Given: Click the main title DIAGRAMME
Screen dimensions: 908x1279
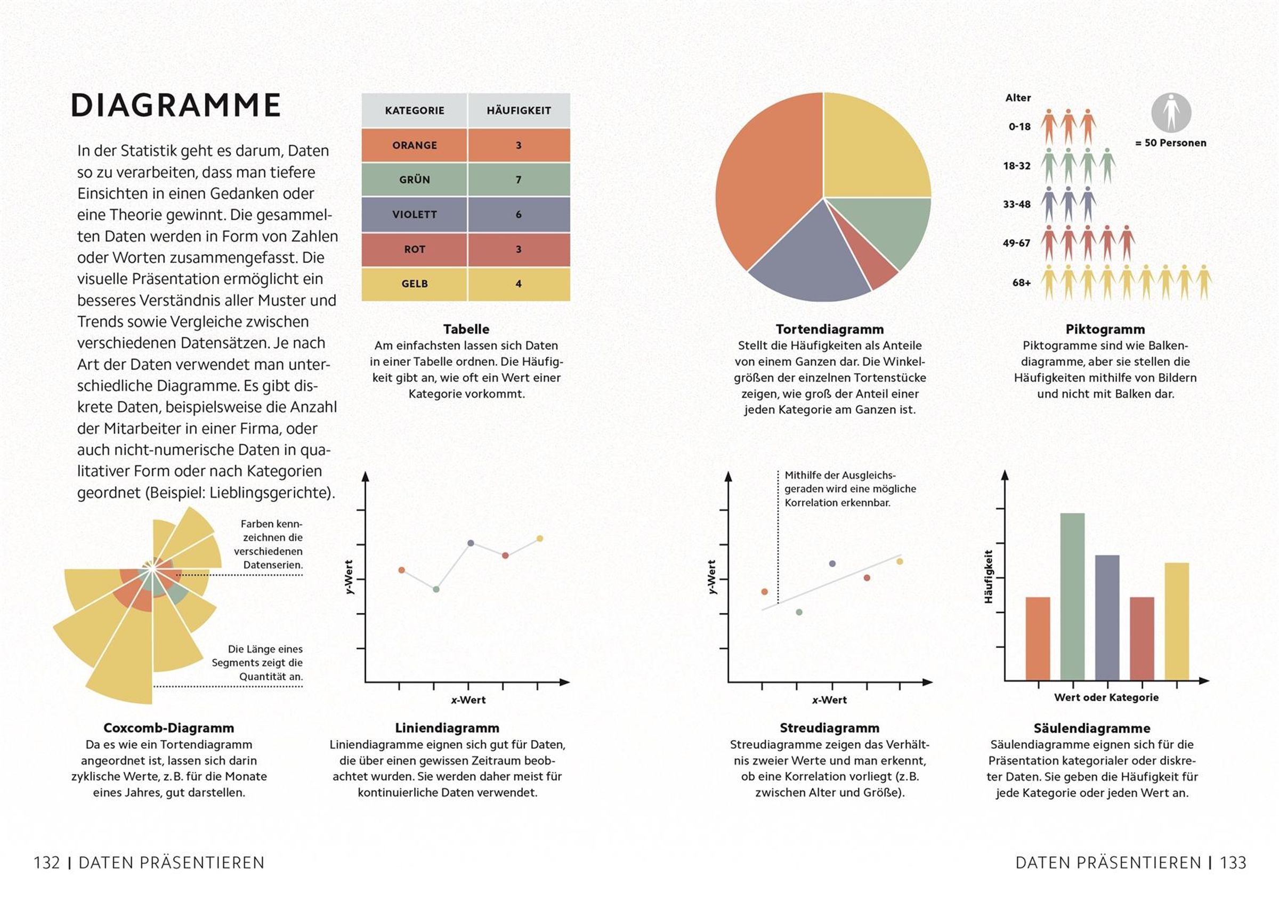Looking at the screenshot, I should [x=175, y=105].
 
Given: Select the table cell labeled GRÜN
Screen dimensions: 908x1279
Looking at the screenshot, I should [x=414, y=180].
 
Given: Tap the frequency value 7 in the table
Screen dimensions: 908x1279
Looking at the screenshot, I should [x=519, y=180].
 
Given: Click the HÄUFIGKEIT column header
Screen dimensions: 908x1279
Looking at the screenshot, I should [x=519, y=111].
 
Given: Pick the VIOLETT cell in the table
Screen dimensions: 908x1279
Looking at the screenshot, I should [x=414, y=214].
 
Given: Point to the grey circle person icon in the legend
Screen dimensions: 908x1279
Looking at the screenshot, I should [x=1171, y=113].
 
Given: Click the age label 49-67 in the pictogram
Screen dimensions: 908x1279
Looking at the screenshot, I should [x=1016, y=243].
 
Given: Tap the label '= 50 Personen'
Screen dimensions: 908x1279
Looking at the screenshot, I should [x=1170, y=143].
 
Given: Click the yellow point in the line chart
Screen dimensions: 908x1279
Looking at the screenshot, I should [x=540, y=539].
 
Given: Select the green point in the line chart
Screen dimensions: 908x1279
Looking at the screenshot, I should [x=436, y=589].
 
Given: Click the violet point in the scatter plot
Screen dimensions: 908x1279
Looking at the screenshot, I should [x=832, y=564].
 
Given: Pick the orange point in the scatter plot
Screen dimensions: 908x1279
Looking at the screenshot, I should [x=764, y=591].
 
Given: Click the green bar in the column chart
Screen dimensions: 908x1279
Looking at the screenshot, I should [x=1072, y=596].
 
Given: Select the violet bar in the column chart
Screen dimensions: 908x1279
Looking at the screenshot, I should [x=1107, y=617].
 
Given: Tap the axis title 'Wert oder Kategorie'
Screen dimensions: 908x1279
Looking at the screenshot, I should [x=1106, y=697].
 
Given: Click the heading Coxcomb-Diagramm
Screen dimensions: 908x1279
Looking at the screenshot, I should [x=169, y=728].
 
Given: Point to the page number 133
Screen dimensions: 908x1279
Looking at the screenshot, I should [x=1233, y=863].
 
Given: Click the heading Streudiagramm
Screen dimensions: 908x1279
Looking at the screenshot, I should [x=829, y=728].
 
